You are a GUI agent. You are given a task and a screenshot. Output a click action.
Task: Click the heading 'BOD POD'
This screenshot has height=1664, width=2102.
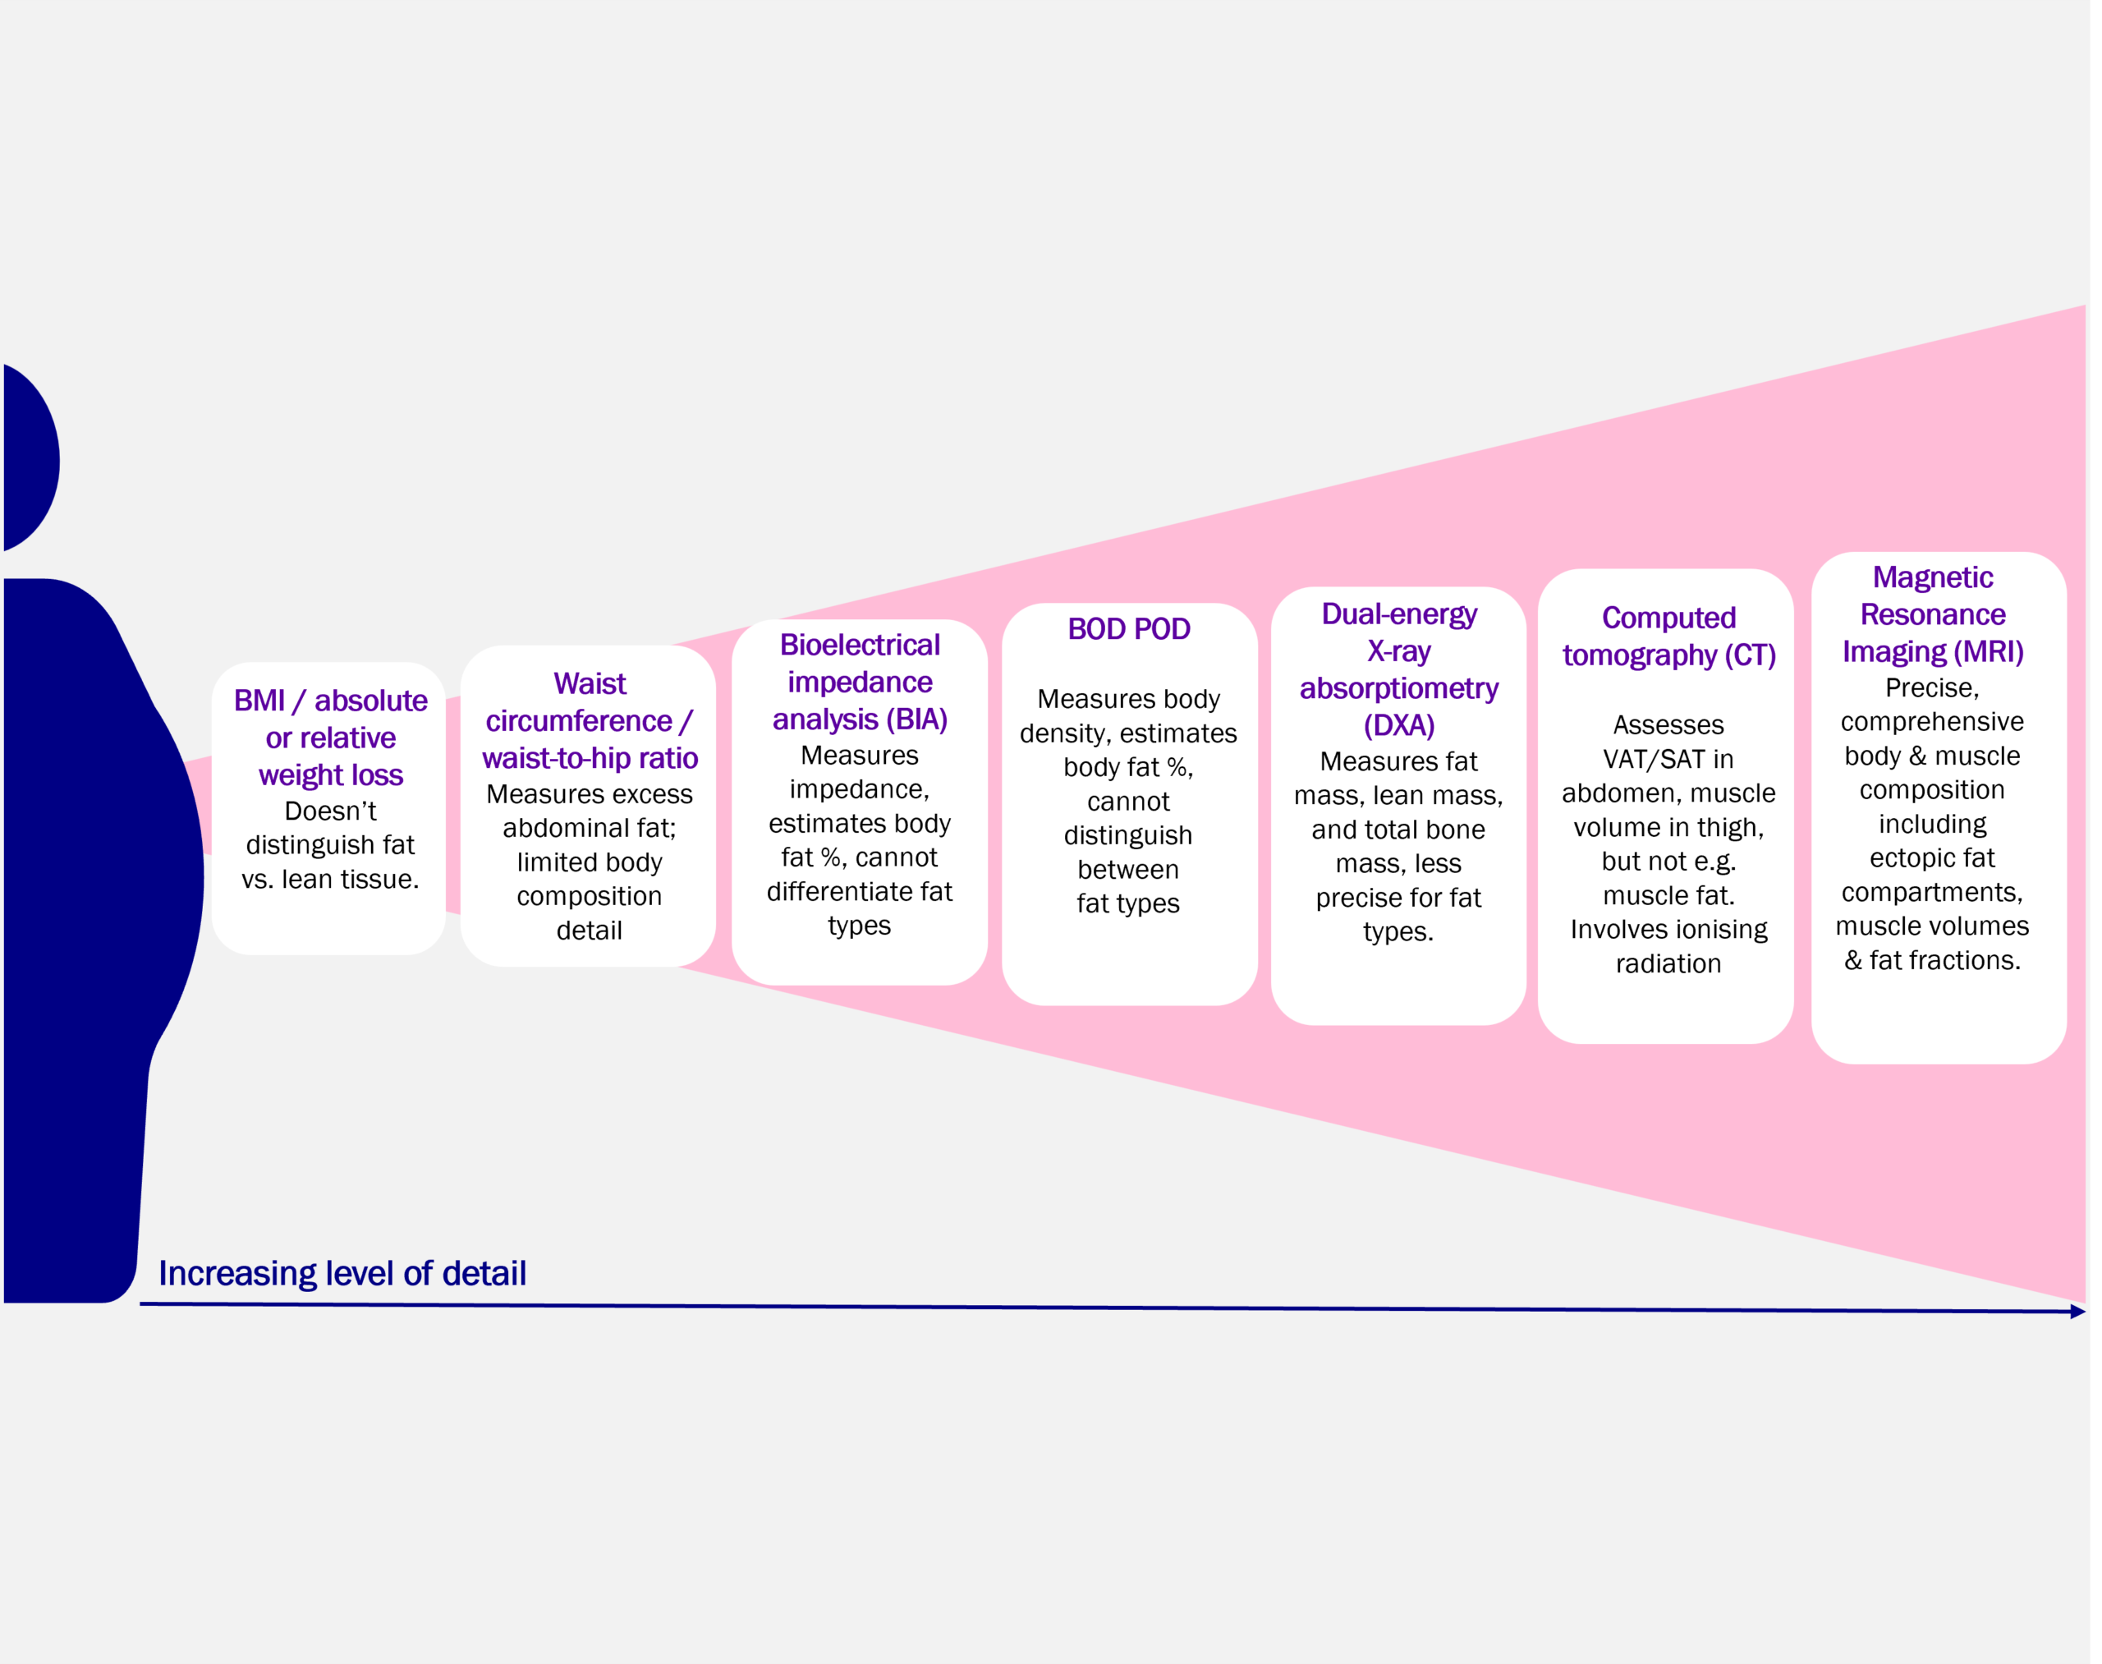1128,629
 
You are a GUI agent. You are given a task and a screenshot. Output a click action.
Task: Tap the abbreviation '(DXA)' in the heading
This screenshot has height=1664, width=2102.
1399,726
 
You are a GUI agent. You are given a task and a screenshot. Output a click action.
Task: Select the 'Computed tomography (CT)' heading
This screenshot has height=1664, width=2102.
1668,637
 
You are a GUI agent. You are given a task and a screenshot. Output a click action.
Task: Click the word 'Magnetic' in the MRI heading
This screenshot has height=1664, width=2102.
1933,577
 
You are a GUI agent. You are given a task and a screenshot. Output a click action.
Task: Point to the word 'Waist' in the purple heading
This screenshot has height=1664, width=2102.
590,684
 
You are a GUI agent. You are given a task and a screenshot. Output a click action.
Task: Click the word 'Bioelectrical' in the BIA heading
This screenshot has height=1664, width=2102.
859,645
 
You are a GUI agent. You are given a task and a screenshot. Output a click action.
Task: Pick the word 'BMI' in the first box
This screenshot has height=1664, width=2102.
259,701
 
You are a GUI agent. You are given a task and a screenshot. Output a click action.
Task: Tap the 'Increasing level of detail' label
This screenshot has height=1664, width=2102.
342,1273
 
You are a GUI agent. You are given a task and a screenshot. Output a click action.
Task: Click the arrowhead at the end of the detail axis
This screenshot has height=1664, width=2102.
2077,1312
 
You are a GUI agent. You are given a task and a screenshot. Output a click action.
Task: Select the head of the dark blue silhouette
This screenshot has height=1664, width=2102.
30,458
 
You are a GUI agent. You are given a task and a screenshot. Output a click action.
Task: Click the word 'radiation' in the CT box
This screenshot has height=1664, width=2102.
1668,963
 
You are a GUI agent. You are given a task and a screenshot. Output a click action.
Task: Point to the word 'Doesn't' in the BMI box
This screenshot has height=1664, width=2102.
330,811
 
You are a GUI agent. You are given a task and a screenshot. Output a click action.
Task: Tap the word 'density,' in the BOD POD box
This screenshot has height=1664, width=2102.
1063,733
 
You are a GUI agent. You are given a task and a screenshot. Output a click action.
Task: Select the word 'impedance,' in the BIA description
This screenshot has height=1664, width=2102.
859,789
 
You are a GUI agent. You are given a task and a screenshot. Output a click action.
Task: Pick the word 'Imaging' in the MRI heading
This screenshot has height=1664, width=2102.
1893,652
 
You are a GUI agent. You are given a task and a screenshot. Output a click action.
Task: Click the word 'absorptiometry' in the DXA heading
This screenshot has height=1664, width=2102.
1399,689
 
